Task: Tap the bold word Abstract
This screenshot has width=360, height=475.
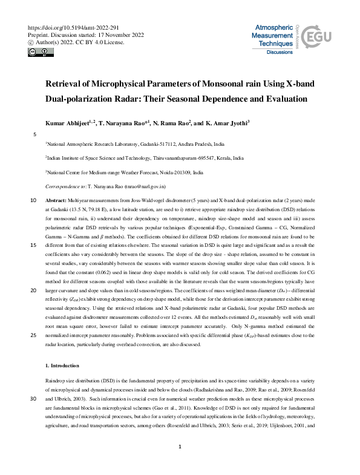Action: tap(56, 200)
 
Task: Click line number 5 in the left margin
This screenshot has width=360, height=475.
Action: tap(35, 134)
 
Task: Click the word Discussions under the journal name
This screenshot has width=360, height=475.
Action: tap(281, 53)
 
